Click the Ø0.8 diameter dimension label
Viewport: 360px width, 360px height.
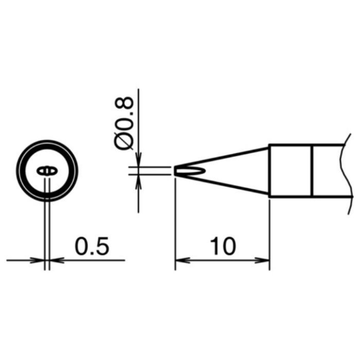pos(124,123)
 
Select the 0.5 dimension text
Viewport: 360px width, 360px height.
pos(92,246)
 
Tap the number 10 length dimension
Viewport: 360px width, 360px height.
pos(223,246)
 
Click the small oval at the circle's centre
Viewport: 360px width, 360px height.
pos(47,171)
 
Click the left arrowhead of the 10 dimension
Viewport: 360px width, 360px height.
pos(183,260)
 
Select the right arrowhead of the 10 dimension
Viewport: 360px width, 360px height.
pos(262,260)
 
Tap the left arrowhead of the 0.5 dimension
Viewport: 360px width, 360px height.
pos(37,260)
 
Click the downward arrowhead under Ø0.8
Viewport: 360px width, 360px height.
pos(138,159)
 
